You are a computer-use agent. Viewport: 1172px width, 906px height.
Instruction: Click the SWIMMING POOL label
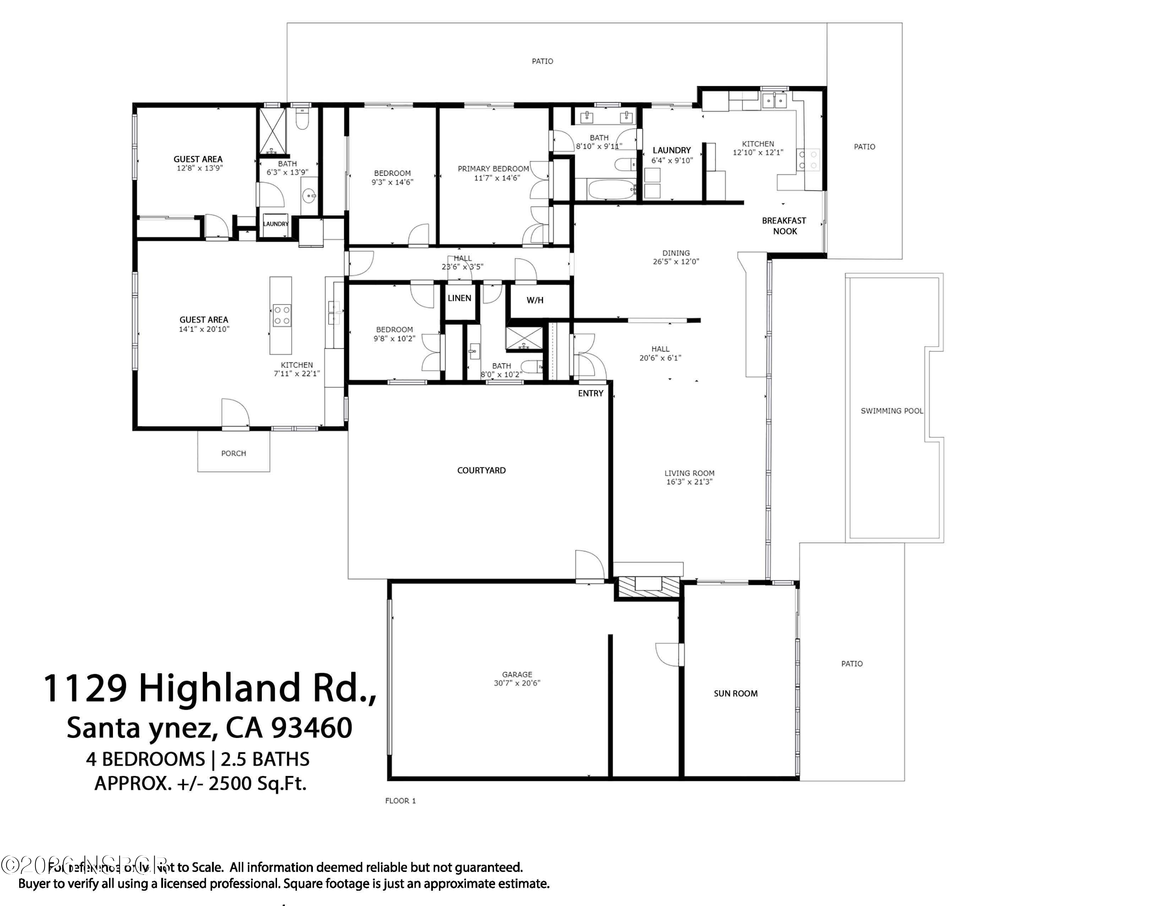tap(892, 411)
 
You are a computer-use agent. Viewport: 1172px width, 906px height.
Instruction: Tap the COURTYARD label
tap(481, 471)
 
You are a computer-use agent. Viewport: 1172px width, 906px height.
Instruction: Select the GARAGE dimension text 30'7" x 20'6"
tap(517, 683)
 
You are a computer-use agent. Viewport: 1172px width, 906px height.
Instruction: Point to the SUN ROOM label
tap(736, 693)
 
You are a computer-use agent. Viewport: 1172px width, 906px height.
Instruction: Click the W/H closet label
tap(535, 301)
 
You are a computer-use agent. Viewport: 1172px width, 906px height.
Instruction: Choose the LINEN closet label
tap(459, 299)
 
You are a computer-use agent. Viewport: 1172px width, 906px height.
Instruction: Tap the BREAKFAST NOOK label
tap(784, 226)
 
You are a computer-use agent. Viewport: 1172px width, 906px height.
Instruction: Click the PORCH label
tap(234, 453)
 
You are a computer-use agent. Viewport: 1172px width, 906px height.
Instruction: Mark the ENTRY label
tap(591, 394)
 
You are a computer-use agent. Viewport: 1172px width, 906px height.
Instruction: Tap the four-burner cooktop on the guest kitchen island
tap(282, 315)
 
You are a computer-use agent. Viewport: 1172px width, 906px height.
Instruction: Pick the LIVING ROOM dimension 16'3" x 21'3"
tap(690, 482)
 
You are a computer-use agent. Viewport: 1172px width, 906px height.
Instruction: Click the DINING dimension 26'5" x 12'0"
tap(675, 262)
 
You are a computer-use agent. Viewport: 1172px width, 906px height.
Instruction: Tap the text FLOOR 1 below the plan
tap(400, 801)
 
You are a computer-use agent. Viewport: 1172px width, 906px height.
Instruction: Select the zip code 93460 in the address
tap(312, 728)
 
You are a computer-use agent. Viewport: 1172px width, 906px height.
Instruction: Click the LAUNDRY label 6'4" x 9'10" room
tap(671, 151)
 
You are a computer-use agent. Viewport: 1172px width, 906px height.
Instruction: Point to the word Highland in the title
tap(219, 689)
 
